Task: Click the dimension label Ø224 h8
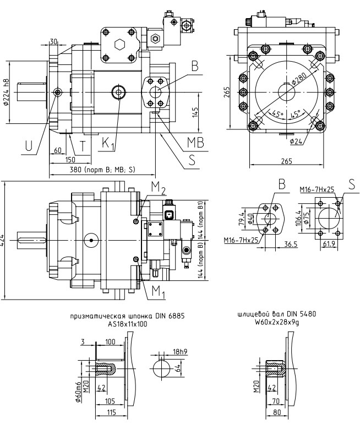pos(7,92)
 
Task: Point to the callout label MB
pos(195,142)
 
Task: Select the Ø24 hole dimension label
pos(298,140)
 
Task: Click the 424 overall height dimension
pos(4,240)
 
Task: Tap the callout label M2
pos(159,191)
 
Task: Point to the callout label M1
pos(159,291)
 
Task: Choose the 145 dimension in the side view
pos(196,113)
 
